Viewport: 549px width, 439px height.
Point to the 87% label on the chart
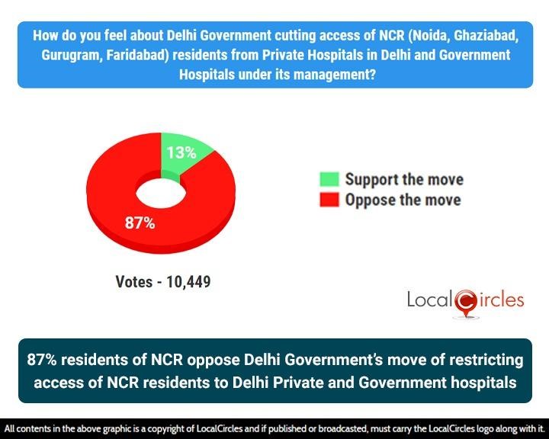point(140,223)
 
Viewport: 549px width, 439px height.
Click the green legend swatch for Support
point(329,180)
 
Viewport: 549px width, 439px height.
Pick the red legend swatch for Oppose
point(329,200)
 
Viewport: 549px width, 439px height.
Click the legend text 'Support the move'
point(404,180)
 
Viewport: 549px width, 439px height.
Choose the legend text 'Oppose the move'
point(403,200)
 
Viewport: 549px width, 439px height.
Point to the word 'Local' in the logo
point(429,300)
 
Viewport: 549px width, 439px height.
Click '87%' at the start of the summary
point(46,359)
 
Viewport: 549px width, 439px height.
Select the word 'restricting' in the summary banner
point(474,359)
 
